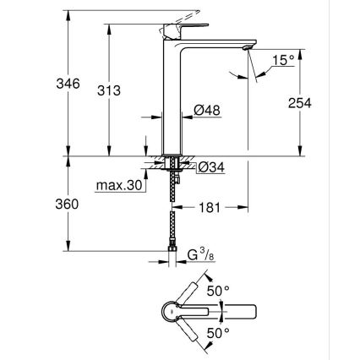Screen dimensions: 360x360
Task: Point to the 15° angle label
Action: pyautogui.click(x=283, y=60)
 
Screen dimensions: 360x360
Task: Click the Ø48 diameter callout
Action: pyautogui.click(x=207, y=110)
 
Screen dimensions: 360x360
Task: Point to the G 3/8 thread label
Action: pyautogui.click(x=200, y=254)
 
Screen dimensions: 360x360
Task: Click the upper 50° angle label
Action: pyautogui.click(x=219, y=290)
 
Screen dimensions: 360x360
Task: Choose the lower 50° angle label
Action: pyautogui.click(x=219, y=335)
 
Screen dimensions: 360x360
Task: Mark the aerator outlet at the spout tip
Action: pyautogui.click(x=247, y=49)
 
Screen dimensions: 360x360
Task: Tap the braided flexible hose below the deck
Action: pyautogui.click(x=175, y=215)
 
